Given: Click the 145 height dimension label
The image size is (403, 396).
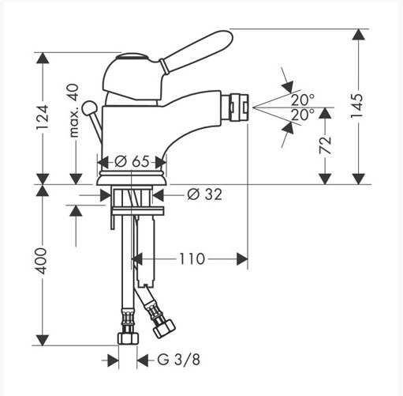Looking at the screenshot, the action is (x=357, y=106).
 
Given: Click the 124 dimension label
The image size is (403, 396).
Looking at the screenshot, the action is (x=43, y=117).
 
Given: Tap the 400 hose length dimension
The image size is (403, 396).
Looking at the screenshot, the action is (x=42, y=261).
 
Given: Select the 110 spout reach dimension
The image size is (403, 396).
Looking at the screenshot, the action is (x=192, y=259).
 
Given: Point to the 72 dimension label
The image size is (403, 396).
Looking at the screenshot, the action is (x=326, y=145).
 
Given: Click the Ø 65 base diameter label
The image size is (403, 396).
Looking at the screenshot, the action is (x=132, y=161).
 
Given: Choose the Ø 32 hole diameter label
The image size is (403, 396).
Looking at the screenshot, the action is (x=204, y=194).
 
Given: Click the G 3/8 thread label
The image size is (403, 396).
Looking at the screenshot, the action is (x=179, y=360).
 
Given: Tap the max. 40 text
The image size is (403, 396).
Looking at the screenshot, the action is (x=74, y=111).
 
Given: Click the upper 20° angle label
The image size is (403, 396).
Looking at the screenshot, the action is (x=303, y=100).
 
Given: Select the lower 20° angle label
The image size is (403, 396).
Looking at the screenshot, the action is (x=303, y=115).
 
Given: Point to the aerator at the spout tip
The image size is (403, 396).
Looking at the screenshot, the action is (x=235, y=107).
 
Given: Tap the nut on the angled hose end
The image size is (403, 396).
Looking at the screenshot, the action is (x=164, y=329).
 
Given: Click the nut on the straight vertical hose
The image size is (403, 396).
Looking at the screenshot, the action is (x=128, y=338).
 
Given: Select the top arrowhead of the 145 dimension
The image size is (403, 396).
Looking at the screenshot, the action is (x=358, y=34).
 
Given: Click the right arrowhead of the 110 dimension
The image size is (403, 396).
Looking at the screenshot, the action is (x=242, y=259).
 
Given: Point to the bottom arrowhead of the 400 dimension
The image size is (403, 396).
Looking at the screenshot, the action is (x=43, y=340).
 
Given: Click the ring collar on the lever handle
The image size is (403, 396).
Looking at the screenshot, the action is (x=163, y=66).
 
